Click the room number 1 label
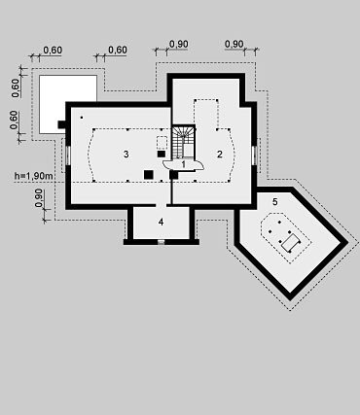tap(183, 164)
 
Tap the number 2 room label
tap(220, 155)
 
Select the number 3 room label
tap(126, 155)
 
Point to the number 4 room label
tap(161, 223)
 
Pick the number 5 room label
tap(275, 202)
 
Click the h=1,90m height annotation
tap(34, 176)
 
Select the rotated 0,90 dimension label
tap(39, 197)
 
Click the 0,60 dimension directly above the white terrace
tap(53, 51)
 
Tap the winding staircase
tap(183, 142)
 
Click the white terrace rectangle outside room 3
tap(68, 104)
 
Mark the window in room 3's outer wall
tap(68, 156)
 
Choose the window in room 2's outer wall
tap(254, 156)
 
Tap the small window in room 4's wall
tap(161, 242)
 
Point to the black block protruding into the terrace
tap(62, 124)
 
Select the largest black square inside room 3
tap(149, 175)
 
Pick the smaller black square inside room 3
tap(162, 155)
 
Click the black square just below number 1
tap(173, 175)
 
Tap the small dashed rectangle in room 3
tap(162, 143)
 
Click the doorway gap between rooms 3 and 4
tap(162, 205)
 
